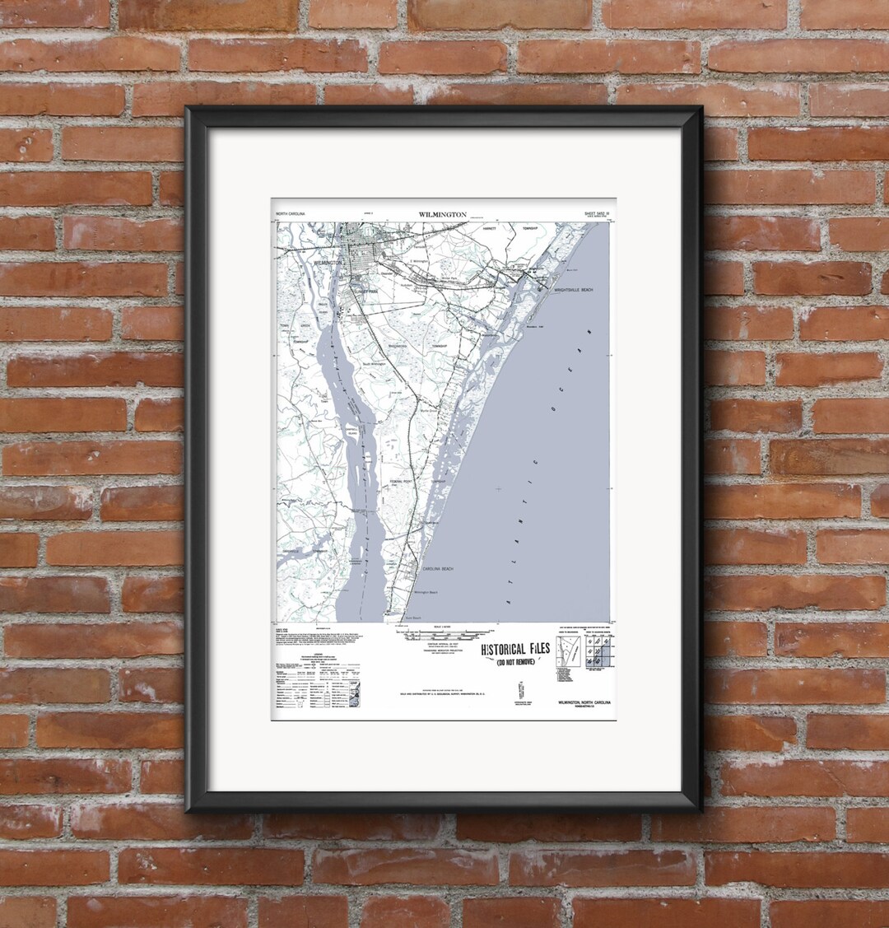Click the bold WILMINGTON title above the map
(x=442, y=214)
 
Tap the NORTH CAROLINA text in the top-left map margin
(x=290, y=214)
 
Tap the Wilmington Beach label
(x=426, y=592)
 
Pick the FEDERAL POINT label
(x=402, y=481)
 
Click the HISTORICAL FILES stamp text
(x=514, y=650)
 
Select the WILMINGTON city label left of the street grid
(x=328, y=262)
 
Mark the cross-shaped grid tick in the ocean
(x=497, y=490)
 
